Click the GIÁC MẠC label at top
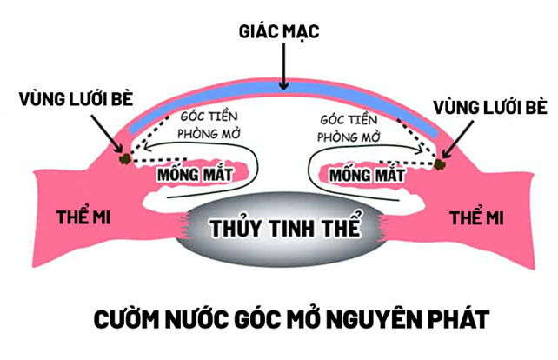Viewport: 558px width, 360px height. pos(279,32)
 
